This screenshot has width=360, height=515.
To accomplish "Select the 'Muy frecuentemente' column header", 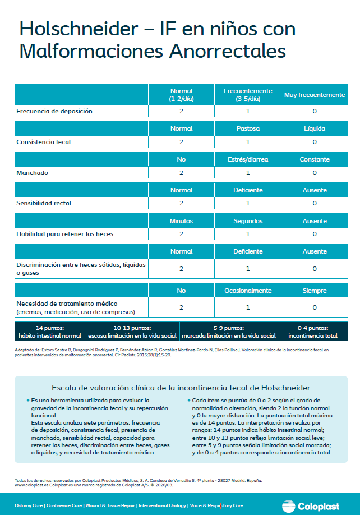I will [315, 95].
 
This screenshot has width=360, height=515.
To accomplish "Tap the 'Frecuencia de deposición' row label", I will [54, 111].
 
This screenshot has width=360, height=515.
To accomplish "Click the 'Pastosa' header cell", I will [248, 128].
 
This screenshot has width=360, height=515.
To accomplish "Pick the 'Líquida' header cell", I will [315, 128].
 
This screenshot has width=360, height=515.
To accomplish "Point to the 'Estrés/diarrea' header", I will [248, 159].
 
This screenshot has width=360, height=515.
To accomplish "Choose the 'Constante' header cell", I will [315, 159].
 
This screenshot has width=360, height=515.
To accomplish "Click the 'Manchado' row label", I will [32, 173].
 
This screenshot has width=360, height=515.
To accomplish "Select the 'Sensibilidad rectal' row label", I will [47, 203].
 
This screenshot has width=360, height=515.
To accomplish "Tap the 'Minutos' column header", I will [181, 221].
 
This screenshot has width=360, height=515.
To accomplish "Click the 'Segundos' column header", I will [248, 221].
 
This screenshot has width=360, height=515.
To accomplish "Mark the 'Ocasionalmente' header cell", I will [248, 291].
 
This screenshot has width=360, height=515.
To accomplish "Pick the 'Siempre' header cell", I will [315, 291].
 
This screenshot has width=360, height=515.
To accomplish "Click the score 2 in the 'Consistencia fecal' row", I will [181, 142].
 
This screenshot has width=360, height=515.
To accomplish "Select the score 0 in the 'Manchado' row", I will [315, 173].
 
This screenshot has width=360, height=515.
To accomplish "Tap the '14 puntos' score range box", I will [50, 332].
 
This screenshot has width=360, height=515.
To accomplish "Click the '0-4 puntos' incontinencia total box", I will [316, 332].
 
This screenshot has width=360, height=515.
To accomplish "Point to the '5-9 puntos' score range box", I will [229, 332].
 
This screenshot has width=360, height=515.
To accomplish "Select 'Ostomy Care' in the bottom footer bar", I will [28, 506].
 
